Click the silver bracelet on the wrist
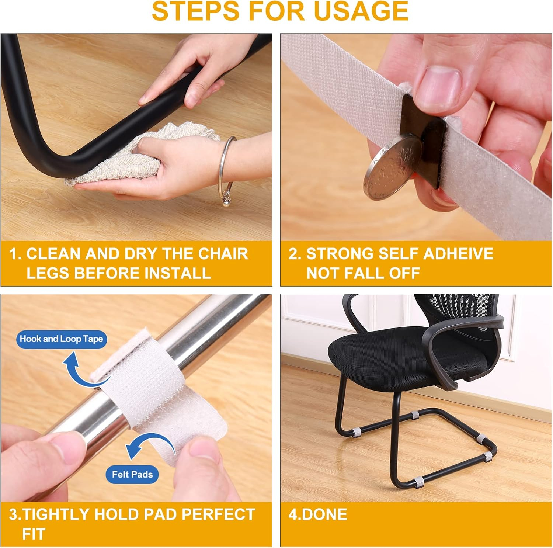point(227,169)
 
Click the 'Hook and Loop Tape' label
point(62,339)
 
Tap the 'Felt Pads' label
point(132,474)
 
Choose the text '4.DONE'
point(318,514)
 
